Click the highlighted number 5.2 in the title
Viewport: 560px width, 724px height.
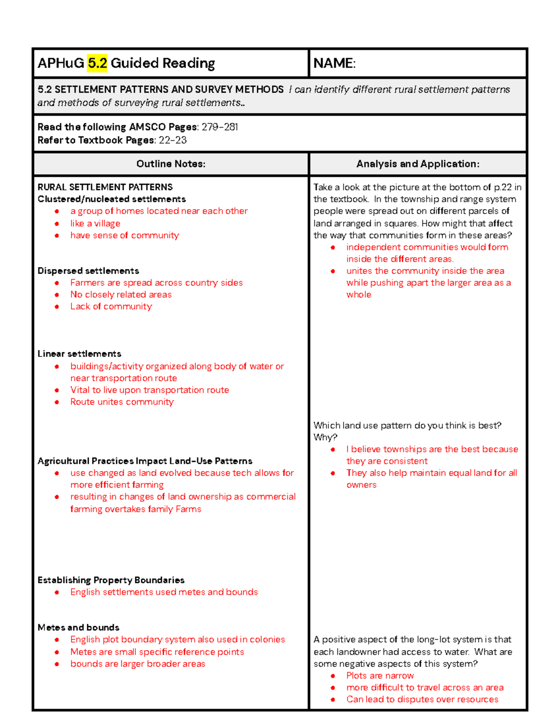click(x=97, y=63)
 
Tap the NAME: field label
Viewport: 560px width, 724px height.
click(x=334, y=63)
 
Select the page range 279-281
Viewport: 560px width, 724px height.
click(x=220, y=127)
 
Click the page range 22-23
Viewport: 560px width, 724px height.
click(x=173, y=140)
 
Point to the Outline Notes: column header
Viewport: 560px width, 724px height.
click(x=171, y=164)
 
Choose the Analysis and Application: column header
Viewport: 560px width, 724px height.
click(x=418, y=164)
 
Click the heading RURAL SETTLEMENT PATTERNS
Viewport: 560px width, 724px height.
click(x=105, y=187)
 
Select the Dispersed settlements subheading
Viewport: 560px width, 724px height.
click(x=88, y=271)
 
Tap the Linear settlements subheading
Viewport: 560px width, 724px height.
click(x=79, y=354)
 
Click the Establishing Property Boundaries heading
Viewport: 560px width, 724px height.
click(x=111, y=580)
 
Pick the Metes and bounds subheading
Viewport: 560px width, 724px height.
click(x=78, y=627)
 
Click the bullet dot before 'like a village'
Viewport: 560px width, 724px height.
click(x=57, y=224)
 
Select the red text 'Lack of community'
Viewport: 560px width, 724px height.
click(x=111, y=306)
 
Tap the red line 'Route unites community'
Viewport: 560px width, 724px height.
click(x=122, y=402)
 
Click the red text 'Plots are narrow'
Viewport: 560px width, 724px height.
click(x=380, y=676)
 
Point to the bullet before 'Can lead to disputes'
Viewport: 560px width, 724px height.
click(x=333, y=700)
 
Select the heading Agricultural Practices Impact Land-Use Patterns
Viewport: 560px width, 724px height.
click(x=145, y=461)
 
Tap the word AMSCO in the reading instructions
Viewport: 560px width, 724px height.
click(x=147, y=127)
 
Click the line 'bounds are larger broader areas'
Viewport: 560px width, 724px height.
click(x=138, y=663)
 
